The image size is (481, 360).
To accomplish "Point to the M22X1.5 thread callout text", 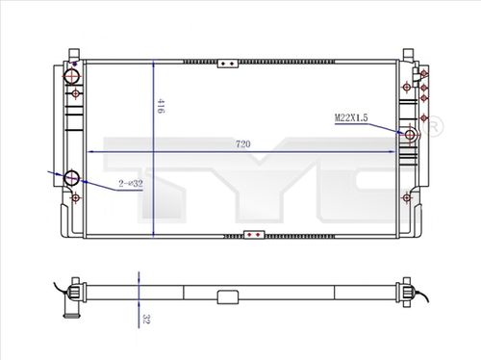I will pos(353,117).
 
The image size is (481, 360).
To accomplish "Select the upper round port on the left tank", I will pos(71,76).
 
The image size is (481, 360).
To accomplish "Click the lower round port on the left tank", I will pos(71,178).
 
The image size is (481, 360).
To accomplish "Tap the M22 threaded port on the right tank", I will pos(411,136).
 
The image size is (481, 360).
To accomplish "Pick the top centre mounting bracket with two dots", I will pos(229,64).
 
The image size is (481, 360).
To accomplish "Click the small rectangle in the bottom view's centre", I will pos(228,296).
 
